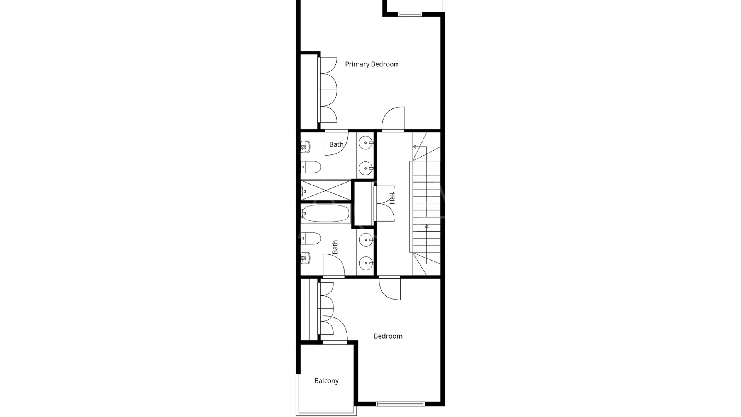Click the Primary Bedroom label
click(372, 64)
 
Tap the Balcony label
click(327, 381)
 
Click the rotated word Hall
click(392, 198)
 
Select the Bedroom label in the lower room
click(388, 336)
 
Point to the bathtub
click(326, 213)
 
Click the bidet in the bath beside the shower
click(305, 147)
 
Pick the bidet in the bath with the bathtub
click(305, 257)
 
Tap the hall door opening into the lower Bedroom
click(390, 288)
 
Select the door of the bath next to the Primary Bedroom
click(337, 143)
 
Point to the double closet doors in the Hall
click(384, 203)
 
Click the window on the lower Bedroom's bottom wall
click(400, 404)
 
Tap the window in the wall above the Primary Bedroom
click(410, 15)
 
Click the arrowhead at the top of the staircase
click(414, 147)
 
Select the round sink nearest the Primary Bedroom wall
click(365, 143)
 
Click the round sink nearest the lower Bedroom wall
click(365, 264)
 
